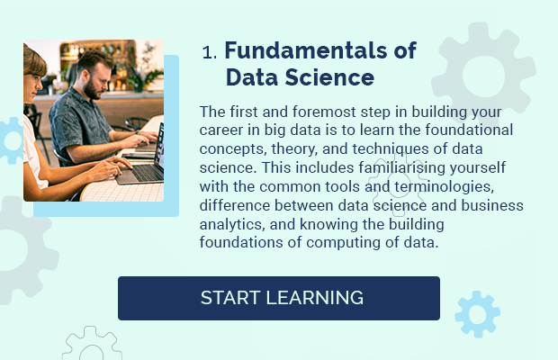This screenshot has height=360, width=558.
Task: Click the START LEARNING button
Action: (279, 298)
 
